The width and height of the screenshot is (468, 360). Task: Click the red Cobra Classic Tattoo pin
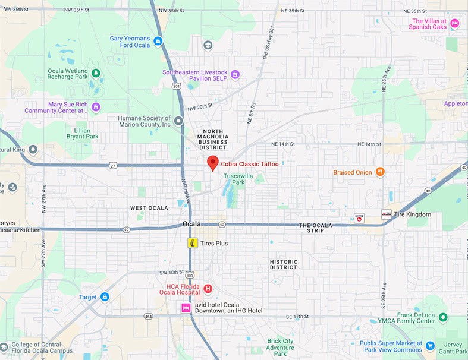coord(212,162)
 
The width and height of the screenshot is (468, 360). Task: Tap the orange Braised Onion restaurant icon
coord(380,172)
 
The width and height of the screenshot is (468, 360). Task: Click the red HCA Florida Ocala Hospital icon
coord(208,289)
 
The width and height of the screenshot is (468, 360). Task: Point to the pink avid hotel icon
coord(186,308)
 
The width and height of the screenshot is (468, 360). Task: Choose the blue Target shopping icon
coord(105,296)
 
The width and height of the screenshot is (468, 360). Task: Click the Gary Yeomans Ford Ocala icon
coord(158,41)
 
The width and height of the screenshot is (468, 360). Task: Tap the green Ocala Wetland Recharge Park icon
coord(95,73)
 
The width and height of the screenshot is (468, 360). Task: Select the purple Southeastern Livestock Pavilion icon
coord(235,74)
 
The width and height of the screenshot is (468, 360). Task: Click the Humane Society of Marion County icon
coord(178,121)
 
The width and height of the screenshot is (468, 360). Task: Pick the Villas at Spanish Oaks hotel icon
coord(454,23)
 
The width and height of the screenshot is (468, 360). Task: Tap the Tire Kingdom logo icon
coord(387,214)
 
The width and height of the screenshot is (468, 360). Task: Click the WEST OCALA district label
coord(147,208)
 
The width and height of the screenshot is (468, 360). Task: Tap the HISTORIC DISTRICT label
coord(283,264)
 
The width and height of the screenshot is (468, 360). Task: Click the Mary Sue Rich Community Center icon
coord(96,107)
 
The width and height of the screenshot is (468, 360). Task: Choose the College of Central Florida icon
coord(5,346)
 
